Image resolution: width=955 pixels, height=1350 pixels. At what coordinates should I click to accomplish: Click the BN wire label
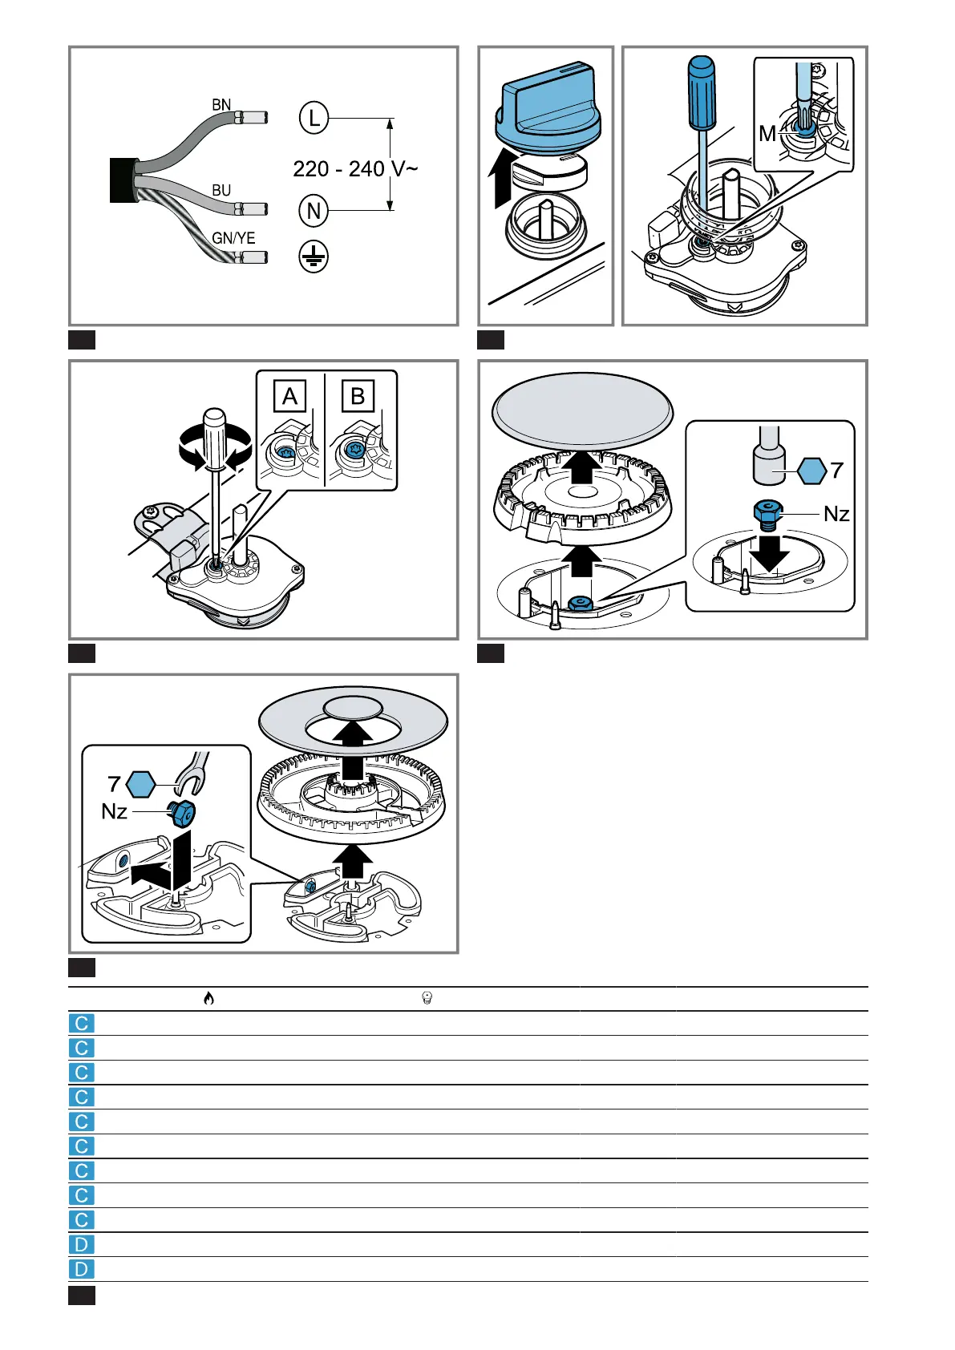pyautogui.click(x=221, y=105)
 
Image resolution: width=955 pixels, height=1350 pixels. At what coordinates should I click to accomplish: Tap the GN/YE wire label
pyautogui.click(x=233, y=238)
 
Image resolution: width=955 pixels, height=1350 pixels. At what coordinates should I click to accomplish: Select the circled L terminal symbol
pyautogui.click(x=314, y=119)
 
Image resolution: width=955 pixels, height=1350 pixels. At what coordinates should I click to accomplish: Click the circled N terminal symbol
pyautogui.click(x=314, y=211)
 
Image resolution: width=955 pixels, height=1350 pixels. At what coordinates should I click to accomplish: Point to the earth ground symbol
pyautogui.click(x=314, y=257)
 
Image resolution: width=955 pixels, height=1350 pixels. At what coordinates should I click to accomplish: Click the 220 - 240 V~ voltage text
pyautogui.click(x=354, y=169)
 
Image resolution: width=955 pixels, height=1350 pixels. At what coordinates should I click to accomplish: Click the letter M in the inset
pyautogui.click(x=767, y=133)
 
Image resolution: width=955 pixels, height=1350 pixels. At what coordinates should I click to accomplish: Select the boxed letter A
pyautogui.click(x=289, y=396)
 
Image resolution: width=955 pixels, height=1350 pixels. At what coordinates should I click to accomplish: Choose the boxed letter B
pyautogui.click(x=358, y=396)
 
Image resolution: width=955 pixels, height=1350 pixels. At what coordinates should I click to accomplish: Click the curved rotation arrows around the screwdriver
pyautogui.click(x=215, y=447)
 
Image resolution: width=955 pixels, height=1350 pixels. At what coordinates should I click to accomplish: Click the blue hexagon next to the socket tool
pyautogui.click(x=811, y=471)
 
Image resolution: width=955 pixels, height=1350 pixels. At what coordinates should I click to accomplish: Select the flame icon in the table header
pyautogui.click(x=208, y=998)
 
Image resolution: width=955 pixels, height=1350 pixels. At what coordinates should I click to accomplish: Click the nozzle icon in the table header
pyautogui.click(x=427, y=998)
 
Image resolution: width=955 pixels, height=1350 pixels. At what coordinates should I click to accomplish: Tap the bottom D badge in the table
pyautogui.click(x=82, y=1269)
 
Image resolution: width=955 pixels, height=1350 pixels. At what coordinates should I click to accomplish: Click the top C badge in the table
pyautogui.click(x=82, y=1024)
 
